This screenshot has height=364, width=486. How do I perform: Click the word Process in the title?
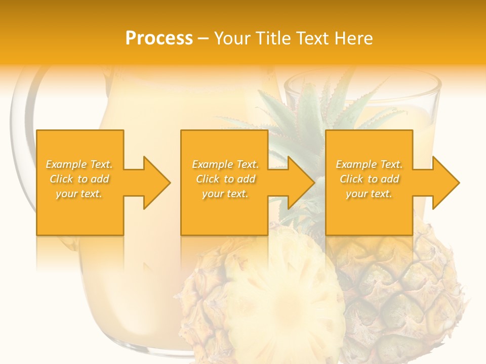click(159, 38)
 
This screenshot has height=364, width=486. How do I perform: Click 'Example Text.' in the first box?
click(79, 164)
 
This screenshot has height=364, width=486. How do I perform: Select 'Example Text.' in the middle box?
click(225, 164)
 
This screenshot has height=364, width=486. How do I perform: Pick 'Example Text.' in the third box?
click(369, 164)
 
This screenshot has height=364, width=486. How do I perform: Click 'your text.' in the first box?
click(79, 194)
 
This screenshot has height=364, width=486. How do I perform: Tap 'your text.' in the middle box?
click(225, 194)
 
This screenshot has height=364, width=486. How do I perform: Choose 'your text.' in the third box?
click(369, 194)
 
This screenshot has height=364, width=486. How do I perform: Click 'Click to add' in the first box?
click(79, 179)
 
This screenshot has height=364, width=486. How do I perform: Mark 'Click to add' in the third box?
click(369, 179)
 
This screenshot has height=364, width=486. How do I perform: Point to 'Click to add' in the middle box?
click(225, 179)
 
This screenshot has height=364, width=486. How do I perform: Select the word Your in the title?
click(231, 38)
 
